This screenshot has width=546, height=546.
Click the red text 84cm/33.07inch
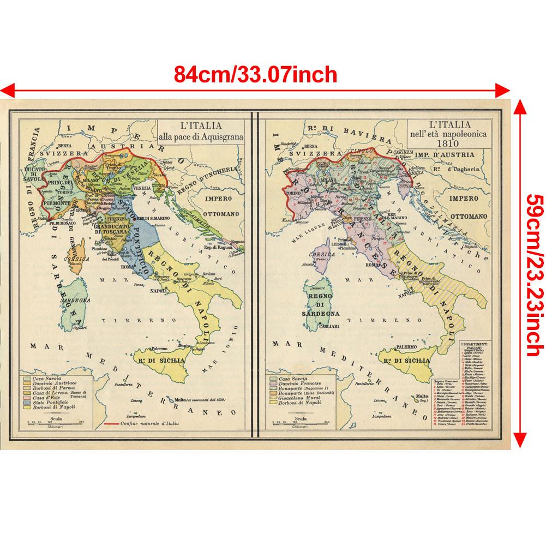[x=255, y=72]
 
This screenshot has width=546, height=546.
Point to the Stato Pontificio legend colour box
[x=27, y=404]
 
